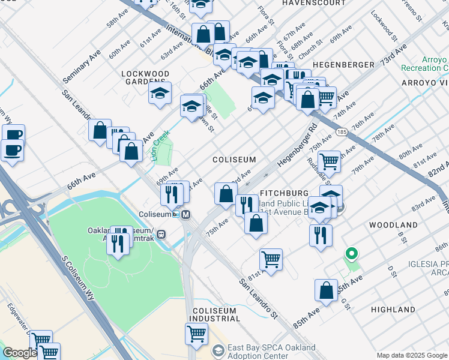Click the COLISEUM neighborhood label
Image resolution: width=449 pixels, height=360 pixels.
tap(234, 160)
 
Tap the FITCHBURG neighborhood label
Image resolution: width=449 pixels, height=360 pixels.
tap(283, 194)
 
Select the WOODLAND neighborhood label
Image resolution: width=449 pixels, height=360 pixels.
tap(393, 224)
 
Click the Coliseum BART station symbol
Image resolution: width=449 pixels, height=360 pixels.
tap(186, 214)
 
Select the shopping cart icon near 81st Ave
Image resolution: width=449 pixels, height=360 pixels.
tap(271, 260)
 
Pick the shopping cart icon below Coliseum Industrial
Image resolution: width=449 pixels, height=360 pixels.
tap(196, 334)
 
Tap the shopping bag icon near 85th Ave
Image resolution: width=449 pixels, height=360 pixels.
tap(325, 290)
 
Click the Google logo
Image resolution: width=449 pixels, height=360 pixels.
tap(20, 353)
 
